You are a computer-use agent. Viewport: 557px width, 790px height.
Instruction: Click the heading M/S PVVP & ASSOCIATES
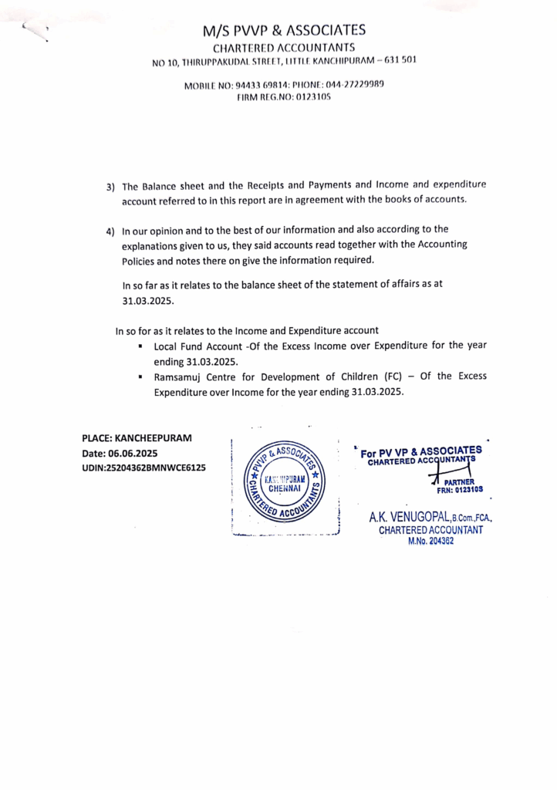[284, 31]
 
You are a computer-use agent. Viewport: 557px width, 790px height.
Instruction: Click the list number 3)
[110, 187]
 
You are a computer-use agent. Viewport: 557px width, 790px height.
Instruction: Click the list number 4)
[110, 231]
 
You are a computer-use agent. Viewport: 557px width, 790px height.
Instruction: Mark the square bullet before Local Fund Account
[141, 347]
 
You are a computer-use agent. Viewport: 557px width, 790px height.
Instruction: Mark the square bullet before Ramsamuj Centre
[141, 378]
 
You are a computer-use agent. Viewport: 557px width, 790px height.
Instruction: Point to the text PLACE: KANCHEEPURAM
[137, 438]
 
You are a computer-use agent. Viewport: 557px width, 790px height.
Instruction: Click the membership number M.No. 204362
[430, 542]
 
